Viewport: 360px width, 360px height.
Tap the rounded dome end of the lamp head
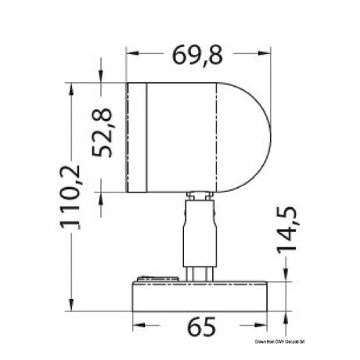(x=249, y=137)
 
